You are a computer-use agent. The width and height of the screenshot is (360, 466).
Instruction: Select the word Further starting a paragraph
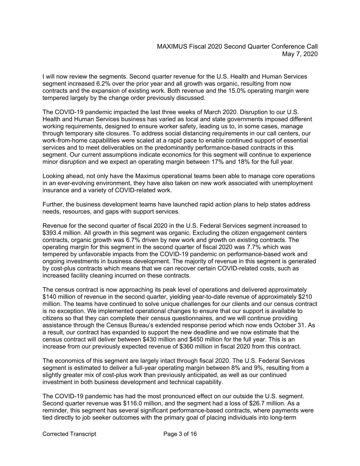(x=53, y=204)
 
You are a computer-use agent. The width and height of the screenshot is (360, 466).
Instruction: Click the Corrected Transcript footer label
(x=69, y=434)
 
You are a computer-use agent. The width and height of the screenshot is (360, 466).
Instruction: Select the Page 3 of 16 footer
(x=180, y=434)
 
